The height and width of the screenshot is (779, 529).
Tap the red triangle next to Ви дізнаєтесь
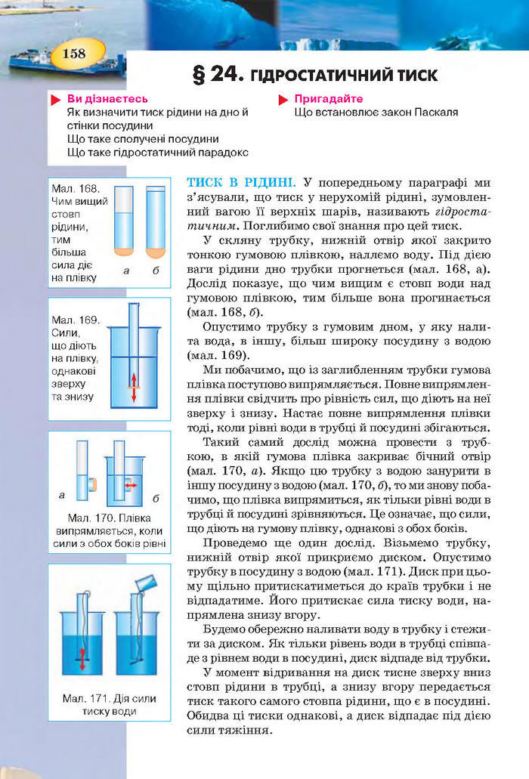[x=54, y=100]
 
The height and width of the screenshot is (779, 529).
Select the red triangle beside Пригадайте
[x=283, y=100]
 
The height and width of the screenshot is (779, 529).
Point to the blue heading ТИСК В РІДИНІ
[x=240, y=182]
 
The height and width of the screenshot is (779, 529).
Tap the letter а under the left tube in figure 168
[x=124, y=269]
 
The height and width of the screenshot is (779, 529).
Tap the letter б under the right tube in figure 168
[x=156, y=269]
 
